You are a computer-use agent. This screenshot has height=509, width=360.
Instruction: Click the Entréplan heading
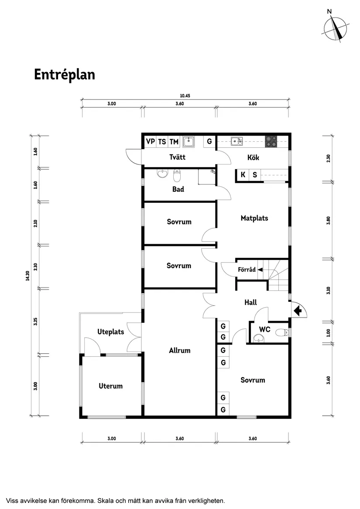(x=65, y=75)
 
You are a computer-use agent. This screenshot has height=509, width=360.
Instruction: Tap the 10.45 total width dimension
(x=185, y=96)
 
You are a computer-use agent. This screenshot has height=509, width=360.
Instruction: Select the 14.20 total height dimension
(x=27, y=276)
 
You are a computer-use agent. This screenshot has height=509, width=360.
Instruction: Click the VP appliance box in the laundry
(x=151, y=141)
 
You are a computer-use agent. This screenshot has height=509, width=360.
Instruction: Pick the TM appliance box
(x=174, y=141)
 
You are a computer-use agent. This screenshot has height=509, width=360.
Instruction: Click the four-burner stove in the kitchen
(x=271, y=141)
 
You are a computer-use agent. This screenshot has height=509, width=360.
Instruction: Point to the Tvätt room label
(x=177, y=157)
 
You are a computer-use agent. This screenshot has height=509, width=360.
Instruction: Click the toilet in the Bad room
(x=177, y=176)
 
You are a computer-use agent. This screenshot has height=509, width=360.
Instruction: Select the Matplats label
(x=254, y=218)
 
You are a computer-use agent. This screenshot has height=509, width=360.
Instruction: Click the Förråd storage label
(x=247, y=270)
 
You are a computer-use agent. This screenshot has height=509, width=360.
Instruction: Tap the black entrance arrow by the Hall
(x=298, y=311)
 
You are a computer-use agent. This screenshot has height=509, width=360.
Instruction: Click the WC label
(x=265, y=329)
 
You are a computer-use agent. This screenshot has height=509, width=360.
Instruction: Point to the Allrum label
(x=180, y=350)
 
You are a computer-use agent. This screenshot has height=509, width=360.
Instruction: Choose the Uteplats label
(x=110, y=331)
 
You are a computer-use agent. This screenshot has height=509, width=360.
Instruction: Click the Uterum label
(x=110, y=386)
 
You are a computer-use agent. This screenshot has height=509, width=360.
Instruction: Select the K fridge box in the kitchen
(x=243, y=175)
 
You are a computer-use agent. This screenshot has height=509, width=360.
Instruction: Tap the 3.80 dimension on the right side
(x=329, y=220)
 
